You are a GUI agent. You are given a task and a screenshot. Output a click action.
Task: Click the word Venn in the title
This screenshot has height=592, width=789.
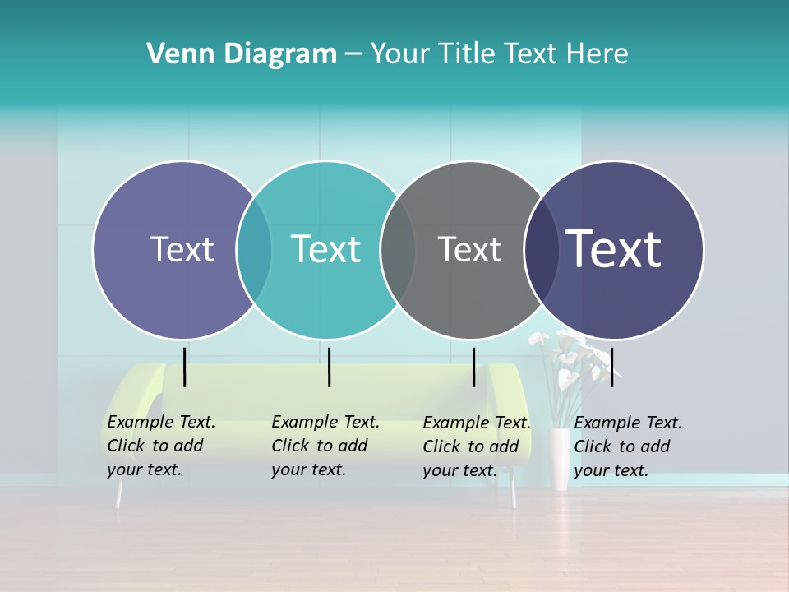pyautogui.click(x=174, y=54)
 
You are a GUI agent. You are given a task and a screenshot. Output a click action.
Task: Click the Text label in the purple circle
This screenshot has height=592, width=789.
pyautogui.click(x=182, y=249)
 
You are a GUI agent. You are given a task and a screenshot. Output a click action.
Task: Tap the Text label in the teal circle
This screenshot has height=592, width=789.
pyautogui.click(x=326, y=249)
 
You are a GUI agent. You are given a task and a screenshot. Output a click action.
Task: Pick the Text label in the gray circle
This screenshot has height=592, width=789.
pyautogui.click(x=469, y=249)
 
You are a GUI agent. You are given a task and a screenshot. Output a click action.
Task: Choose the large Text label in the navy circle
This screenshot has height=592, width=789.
pyautogui.click(x=614, y=249)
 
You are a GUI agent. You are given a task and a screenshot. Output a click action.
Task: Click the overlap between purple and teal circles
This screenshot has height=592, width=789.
pyautogui.click(x=254, y=250)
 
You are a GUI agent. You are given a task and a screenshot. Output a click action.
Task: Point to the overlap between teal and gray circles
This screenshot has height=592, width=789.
pyautogui.click(x=398, y=250)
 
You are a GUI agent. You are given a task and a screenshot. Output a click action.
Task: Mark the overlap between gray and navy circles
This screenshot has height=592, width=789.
pyautogui.click(x=542, y=250)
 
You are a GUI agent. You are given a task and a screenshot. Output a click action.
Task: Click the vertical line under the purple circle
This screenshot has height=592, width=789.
pyautogui.click(x=185, y=367)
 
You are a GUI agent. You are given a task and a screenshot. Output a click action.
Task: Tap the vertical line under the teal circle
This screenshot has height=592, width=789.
pyautogui.click(x=329, y=367)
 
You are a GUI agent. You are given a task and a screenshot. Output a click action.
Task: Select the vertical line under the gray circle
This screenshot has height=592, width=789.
pyautogui.click(x=474, y=367)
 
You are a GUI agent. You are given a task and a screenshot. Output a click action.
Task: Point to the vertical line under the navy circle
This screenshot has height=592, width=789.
pyautogui.click(x=612, y=367)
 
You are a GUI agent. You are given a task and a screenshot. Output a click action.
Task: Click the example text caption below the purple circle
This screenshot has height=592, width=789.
pyautogui.click(x=161, y=446)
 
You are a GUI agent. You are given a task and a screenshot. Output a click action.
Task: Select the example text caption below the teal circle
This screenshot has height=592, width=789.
pyautogui.click(x=325, y=446)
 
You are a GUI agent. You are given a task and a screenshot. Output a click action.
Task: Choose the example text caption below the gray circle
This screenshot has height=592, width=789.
pyautogui.click(x=477, y=446)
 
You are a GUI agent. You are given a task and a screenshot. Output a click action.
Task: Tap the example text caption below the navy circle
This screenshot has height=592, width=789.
pyautogui.click(x=628, y=446)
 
